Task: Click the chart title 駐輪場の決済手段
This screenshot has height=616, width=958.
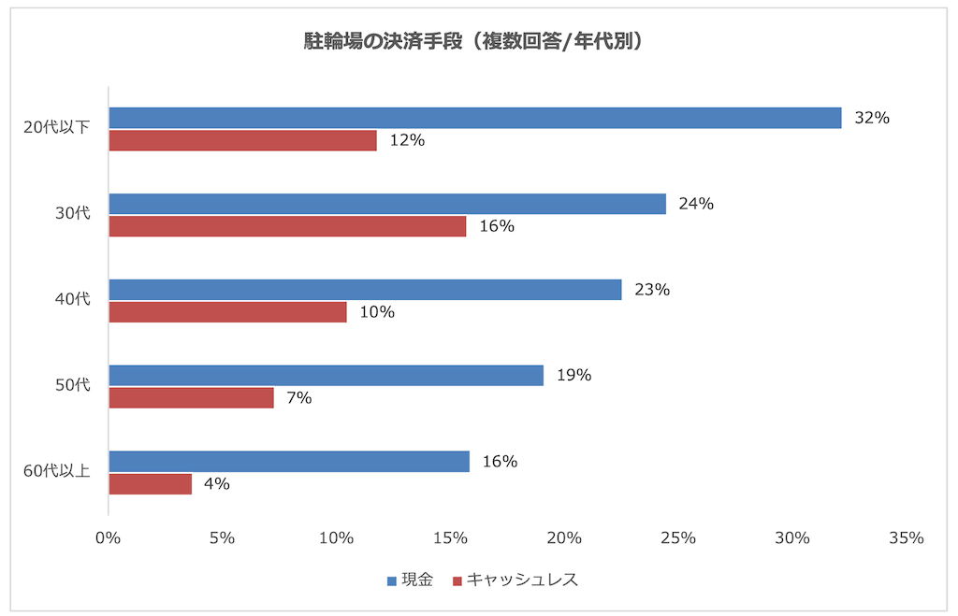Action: point(478,41)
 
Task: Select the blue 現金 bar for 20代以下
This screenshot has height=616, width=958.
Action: point(474,118)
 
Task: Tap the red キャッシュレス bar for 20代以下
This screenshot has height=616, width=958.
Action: point(242,140)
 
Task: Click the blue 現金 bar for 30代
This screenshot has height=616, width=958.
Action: point(387,204)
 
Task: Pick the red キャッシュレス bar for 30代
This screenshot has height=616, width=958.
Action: point(287,226)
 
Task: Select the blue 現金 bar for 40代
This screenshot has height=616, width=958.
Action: point(365,290)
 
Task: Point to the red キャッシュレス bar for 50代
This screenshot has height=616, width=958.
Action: point(191,398)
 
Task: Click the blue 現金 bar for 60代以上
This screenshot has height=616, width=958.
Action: point(289,462)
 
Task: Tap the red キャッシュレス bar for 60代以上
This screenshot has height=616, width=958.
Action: point(150,484)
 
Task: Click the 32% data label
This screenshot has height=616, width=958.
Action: point(870,118)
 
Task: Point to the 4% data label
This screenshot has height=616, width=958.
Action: point(216,484)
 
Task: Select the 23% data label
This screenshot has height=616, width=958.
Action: point(651,290)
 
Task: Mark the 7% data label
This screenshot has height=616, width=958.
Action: point(298,398)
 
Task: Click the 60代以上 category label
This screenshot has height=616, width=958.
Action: point(56,470)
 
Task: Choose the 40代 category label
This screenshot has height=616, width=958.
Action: point(72,299)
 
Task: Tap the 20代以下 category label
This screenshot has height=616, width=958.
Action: point(56,127)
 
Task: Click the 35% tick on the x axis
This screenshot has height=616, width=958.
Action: point(906,538)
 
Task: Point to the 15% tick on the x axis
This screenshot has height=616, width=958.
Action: point(450,538)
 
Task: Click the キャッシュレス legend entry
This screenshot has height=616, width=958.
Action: point(515,580)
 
